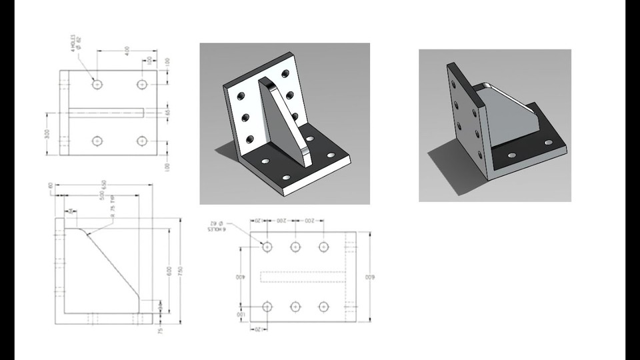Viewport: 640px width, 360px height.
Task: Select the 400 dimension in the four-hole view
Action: click(126, 50)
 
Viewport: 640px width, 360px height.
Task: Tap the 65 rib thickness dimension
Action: click(167, 113)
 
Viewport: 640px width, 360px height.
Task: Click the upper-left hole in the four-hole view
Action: click(98, 85)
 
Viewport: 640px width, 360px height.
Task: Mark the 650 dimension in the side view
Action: click(103, 185)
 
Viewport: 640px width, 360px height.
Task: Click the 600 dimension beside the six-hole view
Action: click(366, 277)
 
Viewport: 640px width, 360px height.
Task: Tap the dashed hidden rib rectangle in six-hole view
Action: click(301, 277)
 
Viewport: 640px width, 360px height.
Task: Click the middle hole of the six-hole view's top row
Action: click(295, 247)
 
